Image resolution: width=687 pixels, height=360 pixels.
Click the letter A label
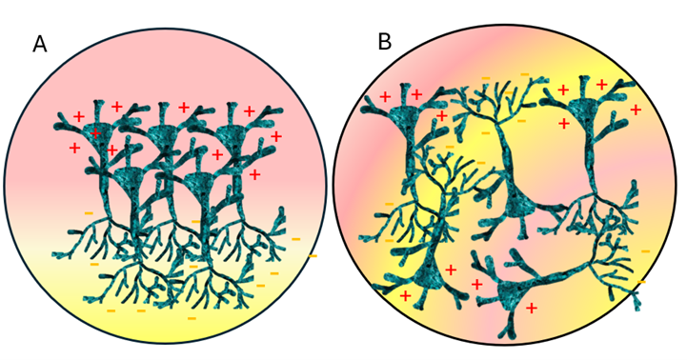point(40,44)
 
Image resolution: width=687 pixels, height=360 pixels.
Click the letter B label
point(384,42)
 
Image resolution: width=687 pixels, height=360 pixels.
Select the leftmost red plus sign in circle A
point(74,148)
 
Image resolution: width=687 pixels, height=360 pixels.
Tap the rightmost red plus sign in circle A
point(276,136)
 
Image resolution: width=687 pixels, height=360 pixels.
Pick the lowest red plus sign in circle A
point(254,174)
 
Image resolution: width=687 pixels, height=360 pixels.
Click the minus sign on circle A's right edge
point(313,256)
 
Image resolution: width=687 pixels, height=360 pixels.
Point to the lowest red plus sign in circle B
point(531,309)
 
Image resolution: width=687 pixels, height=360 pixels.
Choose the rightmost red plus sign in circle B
point(636,110)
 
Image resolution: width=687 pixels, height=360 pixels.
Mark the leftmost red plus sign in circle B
point(385,96)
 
